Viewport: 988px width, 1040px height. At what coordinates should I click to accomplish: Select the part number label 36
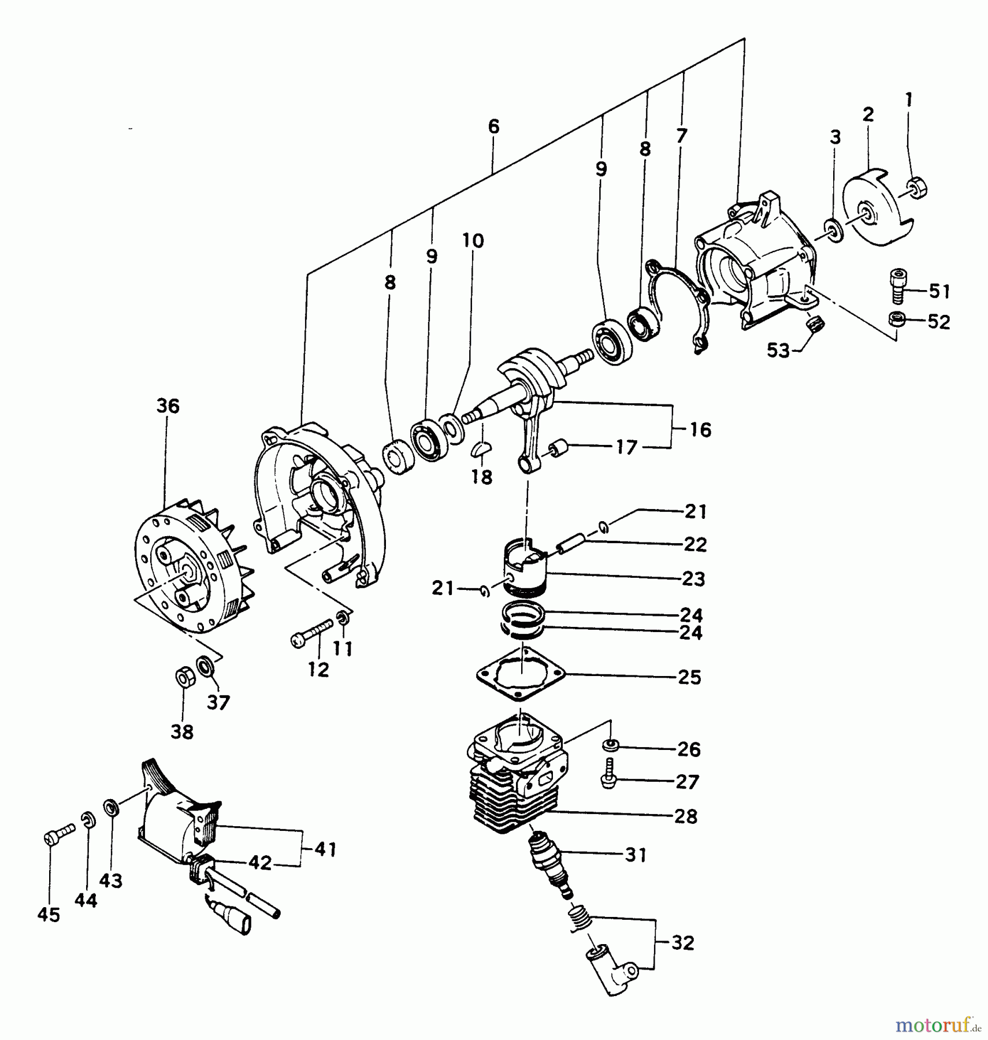(x=168, y=406)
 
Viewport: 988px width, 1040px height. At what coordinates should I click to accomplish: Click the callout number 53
(x=778, y=350)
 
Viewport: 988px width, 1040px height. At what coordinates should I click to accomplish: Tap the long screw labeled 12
(x=313, y=633)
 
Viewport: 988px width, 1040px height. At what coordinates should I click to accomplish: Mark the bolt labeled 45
(x=57, y=835)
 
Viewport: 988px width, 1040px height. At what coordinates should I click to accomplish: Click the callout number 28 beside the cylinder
(x=686, y=816)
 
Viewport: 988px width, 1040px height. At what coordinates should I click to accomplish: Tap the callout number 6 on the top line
(x=493, y=127)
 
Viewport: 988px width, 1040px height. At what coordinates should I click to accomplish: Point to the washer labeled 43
(x=111, y=807)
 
